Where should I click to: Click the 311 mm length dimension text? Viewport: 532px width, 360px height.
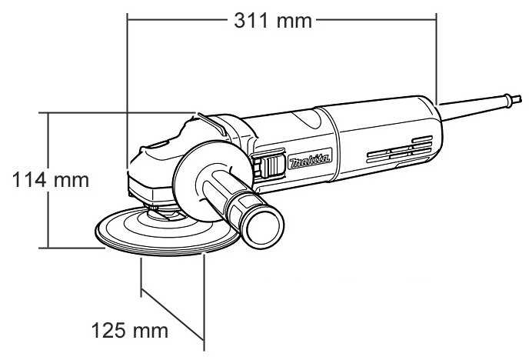click(x=273, y=21)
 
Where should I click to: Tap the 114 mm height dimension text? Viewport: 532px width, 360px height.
click(x=52, y=181)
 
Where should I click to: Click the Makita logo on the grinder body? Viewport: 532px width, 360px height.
click(x=309, y=162)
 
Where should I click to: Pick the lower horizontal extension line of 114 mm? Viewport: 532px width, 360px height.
click(x=73, y=248)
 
